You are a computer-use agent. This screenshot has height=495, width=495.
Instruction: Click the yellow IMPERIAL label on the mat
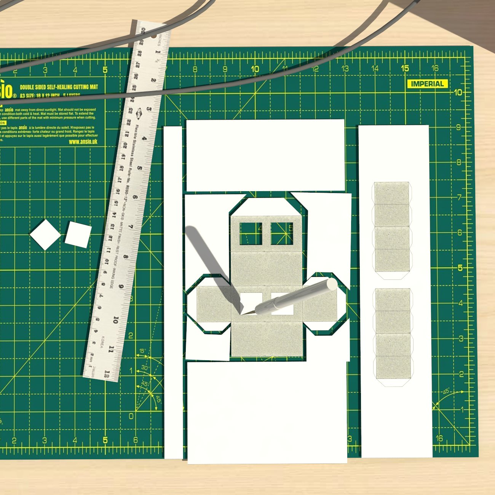(427, 84)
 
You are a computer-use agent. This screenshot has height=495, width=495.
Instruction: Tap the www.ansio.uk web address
(83, 142)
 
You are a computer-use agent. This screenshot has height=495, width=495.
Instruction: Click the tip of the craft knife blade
(242, 315)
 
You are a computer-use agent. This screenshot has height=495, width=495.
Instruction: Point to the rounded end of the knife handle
(332, 284)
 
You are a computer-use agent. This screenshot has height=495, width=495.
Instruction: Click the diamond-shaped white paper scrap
(45, 235)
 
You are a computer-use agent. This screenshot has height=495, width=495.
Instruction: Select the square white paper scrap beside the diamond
(78, 235)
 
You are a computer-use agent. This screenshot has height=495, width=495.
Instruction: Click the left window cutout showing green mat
(251, 233)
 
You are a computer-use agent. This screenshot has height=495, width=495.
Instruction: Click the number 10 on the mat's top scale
(255, 69)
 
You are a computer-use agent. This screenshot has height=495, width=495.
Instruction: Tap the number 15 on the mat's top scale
(405, 68)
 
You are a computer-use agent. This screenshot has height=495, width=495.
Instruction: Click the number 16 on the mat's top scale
(435, 68)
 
